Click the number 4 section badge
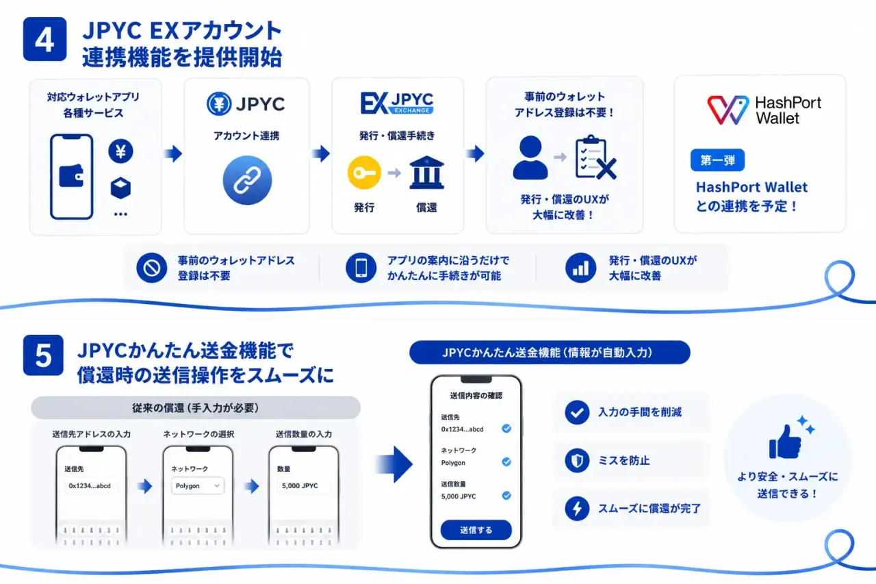pyautogui.click(x=44, y=39)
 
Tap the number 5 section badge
pyautogui.click(x=43, y=355)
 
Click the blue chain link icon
pyautogui.click(x=247, y=180)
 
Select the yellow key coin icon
pyautogui.click(x=364, y=173)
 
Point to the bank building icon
pyautogui.click(x=426, y=173)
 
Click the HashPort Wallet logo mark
pyautogui.click(x=727, y=110)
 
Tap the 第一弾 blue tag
pyautogui.click(x=717, y=160)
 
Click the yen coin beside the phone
pyautogui.click(x=120, y=151)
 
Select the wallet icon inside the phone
pyautogui.click(x=71, y=176)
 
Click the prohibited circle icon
pyautogui.click(x=151, y=268)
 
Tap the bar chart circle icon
pyautogui.click(x=581, y=268)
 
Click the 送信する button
pyautogui.click(x=476, y=530)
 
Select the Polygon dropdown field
pyautogui.click(x=198, y=485)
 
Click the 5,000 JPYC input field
pyautogui.click(x=303, y=485)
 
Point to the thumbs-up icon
pyautogui.click(x=785, y=442)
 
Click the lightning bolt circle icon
pyautogui.click(x=577, y=509)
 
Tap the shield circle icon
pyautogui.click(x=577, y=460)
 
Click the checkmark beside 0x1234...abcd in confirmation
pyautogui.click(x=506, y=429)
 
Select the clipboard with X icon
pyautogui.click(x=595, y=157)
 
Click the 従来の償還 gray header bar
pyautogui.click(x=196, y=407)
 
